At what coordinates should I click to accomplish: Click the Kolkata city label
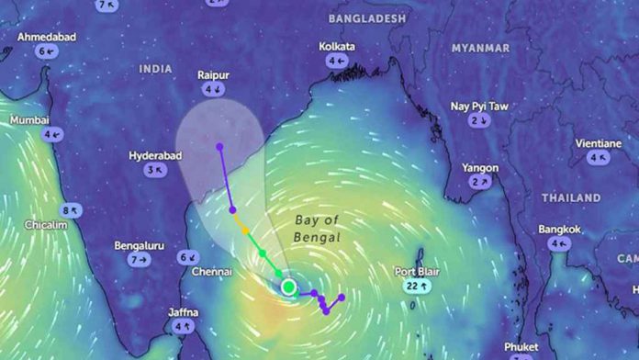[x=337, y=46]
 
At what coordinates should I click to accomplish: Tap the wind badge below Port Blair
[x=417, y=287]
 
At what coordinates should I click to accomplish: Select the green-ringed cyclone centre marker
[x=288, y=287]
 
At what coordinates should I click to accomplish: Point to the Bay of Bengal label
[x=318, y=229]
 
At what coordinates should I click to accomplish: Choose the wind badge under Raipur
[x=214, y=89]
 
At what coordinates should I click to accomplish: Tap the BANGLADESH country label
[x=366, y=18]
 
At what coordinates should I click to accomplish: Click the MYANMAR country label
[x=480, y=48]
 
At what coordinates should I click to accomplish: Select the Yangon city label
[x=480, y=168]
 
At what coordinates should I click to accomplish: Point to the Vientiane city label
[x=598, y=143]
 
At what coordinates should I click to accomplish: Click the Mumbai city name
[x=29, y=120]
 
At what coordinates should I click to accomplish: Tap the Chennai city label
[x=211, y=272]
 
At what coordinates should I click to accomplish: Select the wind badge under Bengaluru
[x=139, y=260]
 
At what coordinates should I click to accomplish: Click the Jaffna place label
[x=183, y=312]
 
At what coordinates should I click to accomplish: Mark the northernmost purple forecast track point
[x=219, y=146]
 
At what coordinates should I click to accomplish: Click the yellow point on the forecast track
[x=245, y=230]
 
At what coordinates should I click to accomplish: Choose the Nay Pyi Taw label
[x=478, y=107]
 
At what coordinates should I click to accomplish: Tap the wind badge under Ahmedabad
[x=47, y=51]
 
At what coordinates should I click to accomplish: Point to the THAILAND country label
[x=570, y=197]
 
